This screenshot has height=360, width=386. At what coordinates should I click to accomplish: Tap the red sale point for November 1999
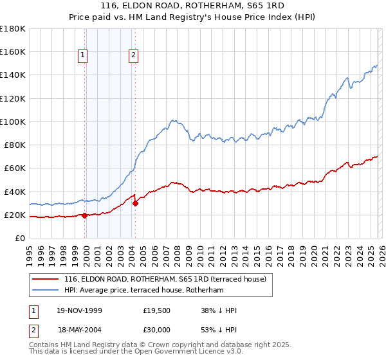(x=85, y=215)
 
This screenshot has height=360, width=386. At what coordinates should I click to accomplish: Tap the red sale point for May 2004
(x=136, y=204)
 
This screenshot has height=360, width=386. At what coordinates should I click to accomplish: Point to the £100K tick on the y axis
(x=13, y=122)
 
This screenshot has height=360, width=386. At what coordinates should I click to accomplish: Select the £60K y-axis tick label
(x=15, y=168)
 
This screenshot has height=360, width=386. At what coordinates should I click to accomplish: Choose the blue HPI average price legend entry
(x=143, y=291)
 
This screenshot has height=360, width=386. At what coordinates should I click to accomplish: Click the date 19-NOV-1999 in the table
(x=79, y=310)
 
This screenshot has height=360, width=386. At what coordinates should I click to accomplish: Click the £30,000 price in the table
(x=157, y=330)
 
